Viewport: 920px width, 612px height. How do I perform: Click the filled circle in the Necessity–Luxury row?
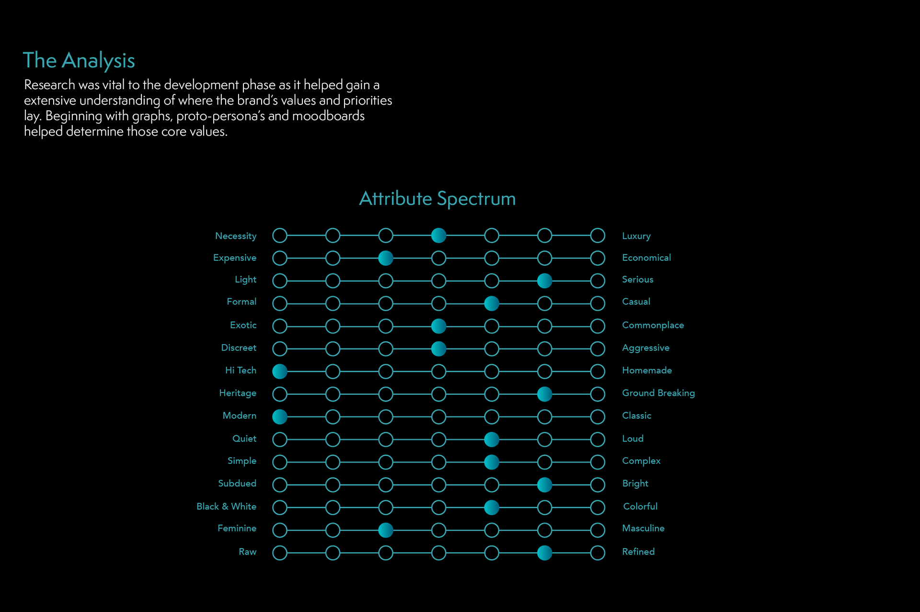[438, 235]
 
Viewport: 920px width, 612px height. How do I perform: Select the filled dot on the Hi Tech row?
[280, 371]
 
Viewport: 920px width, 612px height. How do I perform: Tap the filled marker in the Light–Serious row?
[544, 280]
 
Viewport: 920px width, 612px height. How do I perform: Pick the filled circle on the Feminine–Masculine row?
[386, 530]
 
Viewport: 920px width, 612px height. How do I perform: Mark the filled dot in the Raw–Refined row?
[544, 553]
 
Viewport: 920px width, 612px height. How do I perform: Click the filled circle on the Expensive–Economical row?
[386, 258]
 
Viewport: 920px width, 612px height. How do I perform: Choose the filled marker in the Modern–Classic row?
[280, 416]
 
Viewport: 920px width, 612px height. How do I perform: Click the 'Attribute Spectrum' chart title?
[437, 198]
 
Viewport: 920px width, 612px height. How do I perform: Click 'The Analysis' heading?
[79, 61]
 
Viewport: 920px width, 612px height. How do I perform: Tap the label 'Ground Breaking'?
[658, 393]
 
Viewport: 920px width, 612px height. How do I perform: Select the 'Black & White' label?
[226, 507]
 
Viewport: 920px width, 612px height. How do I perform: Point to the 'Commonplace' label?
[653, 325]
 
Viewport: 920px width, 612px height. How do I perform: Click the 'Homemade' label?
[646, 370]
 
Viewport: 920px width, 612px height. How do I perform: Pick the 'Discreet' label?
[238, 348]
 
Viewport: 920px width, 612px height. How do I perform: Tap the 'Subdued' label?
[237, 484]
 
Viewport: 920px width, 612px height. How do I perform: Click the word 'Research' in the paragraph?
[49, 85]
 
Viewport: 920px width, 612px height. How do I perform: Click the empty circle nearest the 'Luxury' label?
[598, 235]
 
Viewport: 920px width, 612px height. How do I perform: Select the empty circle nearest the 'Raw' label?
[280, 553]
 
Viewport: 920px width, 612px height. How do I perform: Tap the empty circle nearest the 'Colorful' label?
[598, 507]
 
